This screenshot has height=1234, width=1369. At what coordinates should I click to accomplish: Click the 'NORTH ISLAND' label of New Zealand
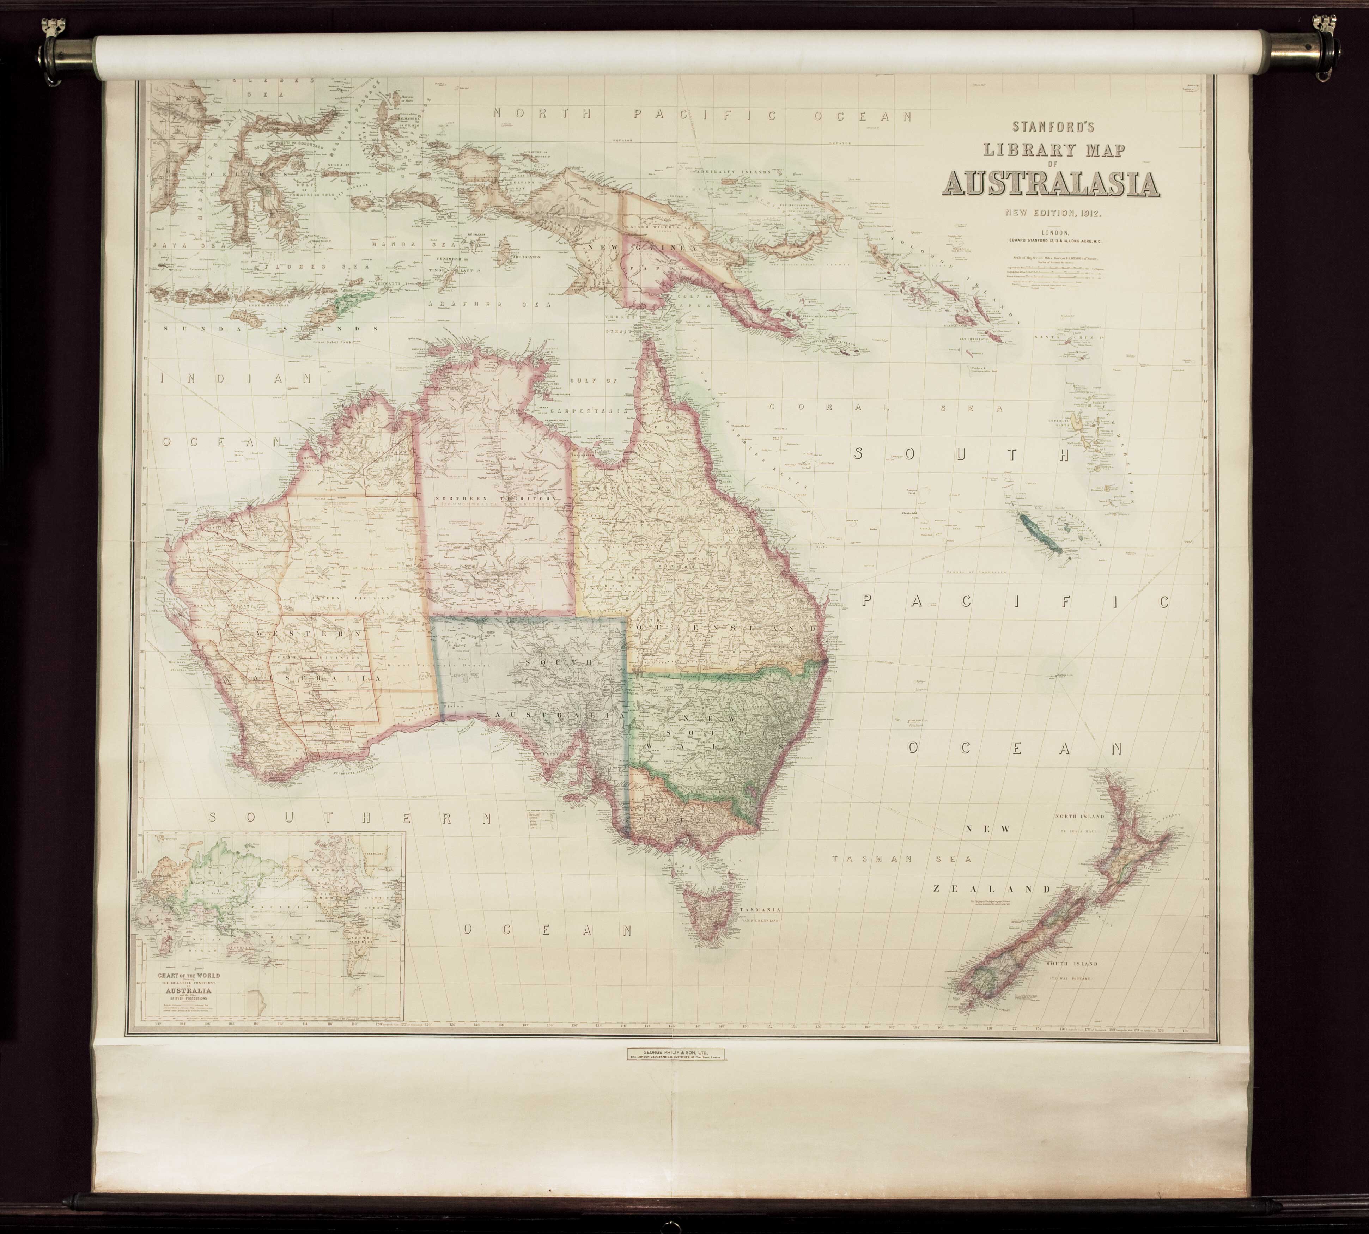point(1079,816)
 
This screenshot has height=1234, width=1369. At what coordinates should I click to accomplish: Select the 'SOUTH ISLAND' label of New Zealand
point(1070,964)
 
